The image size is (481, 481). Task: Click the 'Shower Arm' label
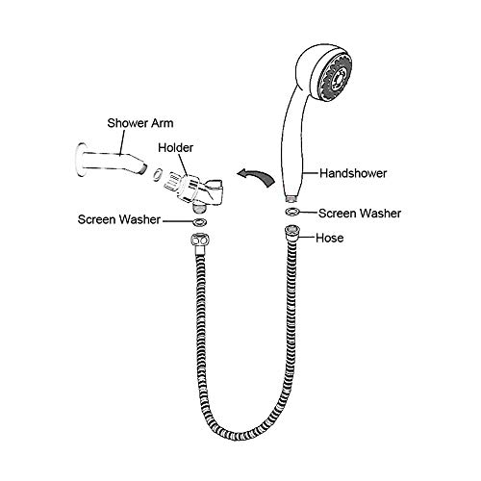click(x=140, y=123)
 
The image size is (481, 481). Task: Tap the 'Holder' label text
click(x=176, y=148)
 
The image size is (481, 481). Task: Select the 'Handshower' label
click(x=353, y=173)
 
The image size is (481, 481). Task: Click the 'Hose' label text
click(x=330, y=238)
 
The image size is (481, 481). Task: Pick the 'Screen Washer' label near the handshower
click(x=360, y=214)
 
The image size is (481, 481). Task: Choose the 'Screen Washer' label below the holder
click(x=119, y=219)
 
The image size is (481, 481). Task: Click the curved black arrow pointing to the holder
click(x=256, y=177)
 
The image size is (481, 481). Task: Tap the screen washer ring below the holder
click(x=199, y=222)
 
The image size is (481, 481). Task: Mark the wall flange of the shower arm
click(x=81, y=160)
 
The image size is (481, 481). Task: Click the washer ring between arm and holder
click(x=157, y=173)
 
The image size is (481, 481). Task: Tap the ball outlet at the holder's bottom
click(x=199, y=208)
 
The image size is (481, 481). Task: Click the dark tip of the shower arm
click(x=144, y=168)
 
